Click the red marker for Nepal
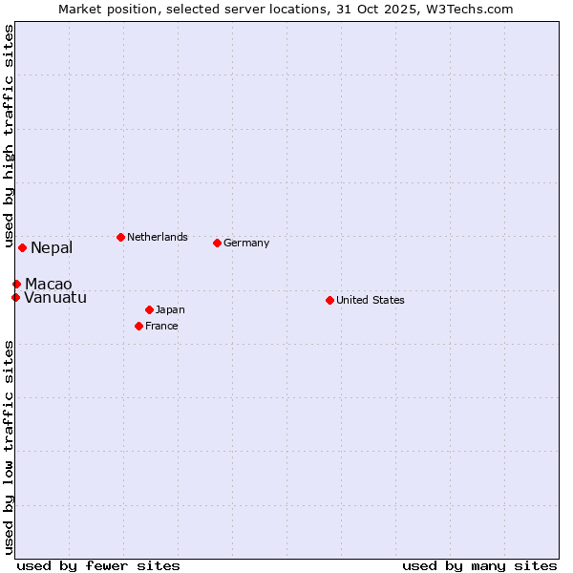[x=22, y=247]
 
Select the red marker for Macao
[x=16, y=284]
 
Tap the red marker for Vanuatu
[x=15, y=297]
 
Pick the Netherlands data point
[x=120, y=237]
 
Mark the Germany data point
[x=217, y=243]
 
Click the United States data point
[x=329, y=300]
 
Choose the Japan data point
[x=149, y=309]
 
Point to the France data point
[x=138, y=326]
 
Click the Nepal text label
[x=52, y=248]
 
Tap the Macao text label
[x=49, y=285]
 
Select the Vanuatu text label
[x=55, y=298]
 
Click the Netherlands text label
[x=158, y=237]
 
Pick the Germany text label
[x=246, y=243]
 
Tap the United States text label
[x=371, y=300]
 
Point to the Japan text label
[x=170, y=309]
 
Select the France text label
[x=161, y=326]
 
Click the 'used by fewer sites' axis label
[x=98, y=565]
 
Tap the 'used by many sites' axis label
[x=479, y=565]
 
